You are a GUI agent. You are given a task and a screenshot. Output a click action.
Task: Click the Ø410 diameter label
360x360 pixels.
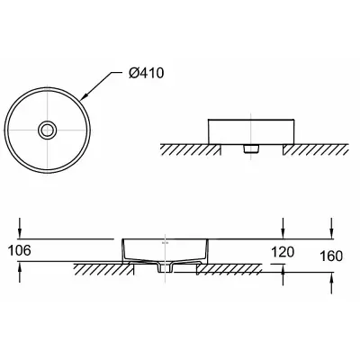click(x=147, y=73)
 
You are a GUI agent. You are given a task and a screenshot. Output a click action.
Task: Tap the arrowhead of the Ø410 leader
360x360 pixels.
click(x=85, y=95)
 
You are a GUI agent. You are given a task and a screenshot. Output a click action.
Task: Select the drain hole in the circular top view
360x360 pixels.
click(x=47, y=130)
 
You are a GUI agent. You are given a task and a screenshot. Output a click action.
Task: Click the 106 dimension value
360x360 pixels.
click(x=19, y=250)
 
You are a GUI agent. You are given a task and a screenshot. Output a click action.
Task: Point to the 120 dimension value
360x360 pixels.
click(x=283, y=252)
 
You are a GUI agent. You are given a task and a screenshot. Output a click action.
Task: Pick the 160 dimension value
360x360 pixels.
click(x=331, y=256)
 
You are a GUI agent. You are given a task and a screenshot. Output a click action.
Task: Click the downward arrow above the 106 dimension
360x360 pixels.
click(x=20, y=228)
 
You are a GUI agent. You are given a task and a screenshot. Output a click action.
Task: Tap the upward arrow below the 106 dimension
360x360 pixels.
click(x=20, y=272)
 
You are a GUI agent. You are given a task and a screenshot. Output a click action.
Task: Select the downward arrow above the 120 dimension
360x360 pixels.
click(x=283, y=229)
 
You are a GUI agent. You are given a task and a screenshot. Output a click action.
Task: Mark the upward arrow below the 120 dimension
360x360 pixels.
click(x=283, y=274)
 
